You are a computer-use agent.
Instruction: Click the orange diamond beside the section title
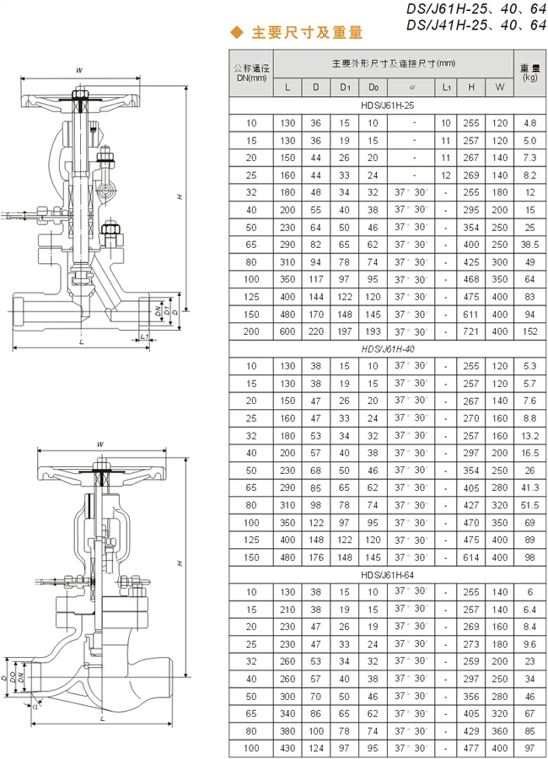click(237, 32)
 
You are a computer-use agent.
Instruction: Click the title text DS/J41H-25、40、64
click(476, 24)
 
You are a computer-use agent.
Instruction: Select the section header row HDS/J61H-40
click(388, 349)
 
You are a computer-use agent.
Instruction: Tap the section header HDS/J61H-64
click(388, 575)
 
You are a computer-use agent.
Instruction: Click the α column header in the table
click(412, 88)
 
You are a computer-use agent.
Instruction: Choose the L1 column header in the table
click(446, 88)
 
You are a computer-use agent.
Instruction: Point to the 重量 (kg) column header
click(530, 73)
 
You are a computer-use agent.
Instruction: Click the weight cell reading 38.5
click(530, 245)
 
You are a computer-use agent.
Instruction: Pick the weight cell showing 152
click(530, 331)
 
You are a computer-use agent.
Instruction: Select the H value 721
click(471, 331)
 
